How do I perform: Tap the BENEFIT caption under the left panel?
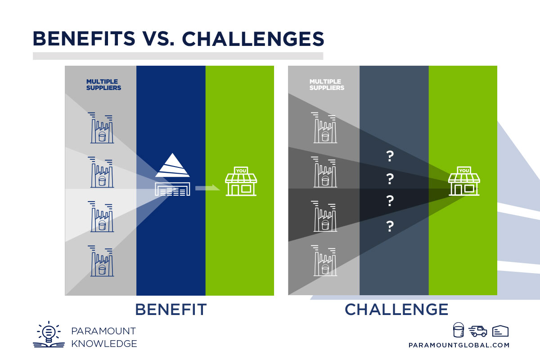(171, 310)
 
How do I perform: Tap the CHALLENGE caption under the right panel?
(396, 310)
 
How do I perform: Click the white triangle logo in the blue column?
(173, 166)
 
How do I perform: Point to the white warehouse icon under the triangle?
(172, 189)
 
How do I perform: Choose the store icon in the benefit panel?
(241, 182)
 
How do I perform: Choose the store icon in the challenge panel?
(464, 182)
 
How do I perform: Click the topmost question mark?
(390, 157)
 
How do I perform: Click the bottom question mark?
(390, 226)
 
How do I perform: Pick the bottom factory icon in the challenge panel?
(324, 261)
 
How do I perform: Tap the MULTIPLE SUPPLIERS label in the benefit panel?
(103, 85)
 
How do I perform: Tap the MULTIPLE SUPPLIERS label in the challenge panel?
(327, 85)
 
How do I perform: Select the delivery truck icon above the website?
(477, 332)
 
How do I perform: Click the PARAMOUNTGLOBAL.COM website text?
(459, 345)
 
